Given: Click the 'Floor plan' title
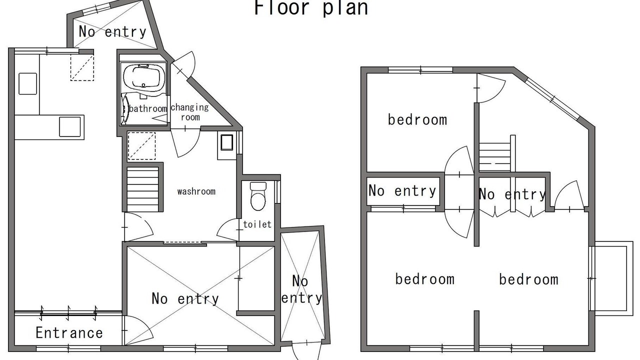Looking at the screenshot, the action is tap(311, 7).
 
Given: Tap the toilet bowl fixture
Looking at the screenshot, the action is tap(258, 196).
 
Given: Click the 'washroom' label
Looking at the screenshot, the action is tap(196, 191).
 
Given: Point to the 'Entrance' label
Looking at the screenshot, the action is tap(69, 333).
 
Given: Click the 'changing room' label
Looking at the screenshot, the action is tap(189, 112).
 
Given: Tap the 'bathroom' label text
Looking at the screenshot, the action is tap(147, 108).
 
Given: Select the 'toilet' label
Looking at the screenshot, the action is tap(257, 224).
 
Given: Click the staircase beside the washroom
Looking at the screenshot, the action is tap(142, 189).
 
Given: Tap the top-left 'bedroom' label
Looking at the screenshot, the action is tap(417, 119).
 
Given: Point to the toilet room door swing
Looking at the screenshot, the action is tap(228, 230).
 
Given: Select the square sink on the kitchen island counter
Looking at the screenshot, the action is tap(70, 127).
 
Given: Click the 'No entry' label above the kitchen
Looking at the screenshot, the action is tap(112, 31).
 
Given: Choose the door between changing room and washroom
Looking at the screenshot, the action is tap(185, 143).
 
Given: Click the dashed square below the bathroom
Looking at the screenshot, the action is tap(141, 145).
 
